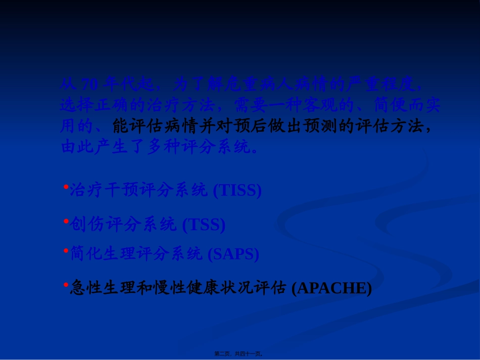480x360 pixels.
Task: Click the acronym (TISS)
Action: pyautogui.click(x=237, y=191)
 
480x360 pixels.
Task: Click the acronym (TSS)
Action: pyautogui.click(x=204, y=225)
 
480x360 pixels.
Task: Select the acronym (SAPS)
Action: pyautogui.click(x=233, y=254)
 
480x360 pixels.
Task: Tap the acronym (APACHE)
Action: pyautogui.click(x=332, y=288)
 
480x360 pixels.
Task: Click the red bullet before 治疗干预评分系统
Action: pyautogui.click(x=66, y=187)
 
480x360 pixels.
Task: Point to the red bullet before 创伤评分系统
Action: pyautogui.click(x=66, y=221)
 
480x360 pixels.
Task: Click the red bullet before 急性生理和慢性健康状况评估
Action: pyautogui.click(x=66, y=285)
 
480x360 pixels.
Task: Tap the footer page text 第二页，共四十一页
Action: pyautogui.click(x=238, y=354)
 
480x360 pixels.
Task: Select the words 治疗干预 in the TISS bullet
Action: pyautogui.click(x=102, y=190)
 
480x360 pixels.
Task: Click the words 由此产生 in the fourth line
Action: pyautogui.click(x=94, y=147)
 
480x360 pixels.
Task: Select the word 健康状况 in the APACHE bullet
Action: pyautogui.click(x=233, y=288)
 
